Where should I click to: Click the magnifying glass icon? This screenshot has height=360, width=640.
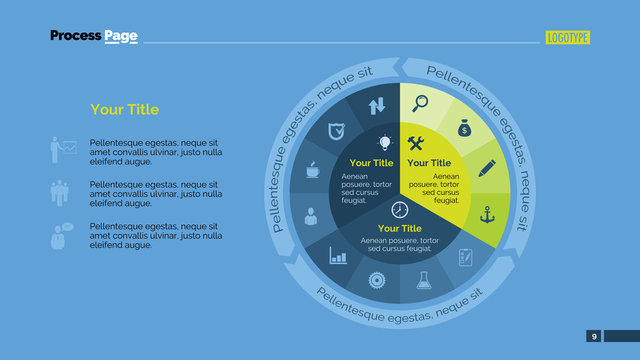421,101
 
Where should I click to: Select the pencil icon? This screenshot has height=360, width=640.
487,167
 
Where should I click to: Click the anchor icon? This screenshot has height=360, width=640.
488,213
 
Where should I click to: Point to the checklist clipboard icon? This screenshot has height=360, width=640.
465,256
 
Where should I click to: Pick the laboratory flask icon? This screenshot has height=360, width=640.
423,281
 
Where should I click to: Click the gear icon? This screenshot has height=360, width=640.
377,281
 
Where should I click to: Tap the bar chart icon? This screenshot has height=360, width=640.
338,257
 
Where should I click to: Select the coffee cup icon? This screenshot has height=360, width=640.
312,169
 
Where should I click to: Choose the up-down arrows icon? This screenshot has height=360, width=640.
377,104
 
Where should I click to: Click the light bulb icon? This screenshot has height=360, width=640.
385,143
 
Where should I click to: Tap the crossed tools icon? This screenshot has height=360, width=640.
417,143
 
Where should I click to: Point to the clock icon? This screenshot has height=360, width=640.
400,209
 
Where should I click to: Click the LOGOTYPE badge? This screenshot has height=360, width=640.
568,38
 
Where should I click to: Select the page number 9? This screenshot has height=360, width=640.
594,336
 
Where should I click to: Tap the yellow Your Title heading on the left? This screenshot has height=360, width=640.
124,110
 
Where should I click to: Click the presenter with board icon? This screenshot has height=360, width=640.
63,150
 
